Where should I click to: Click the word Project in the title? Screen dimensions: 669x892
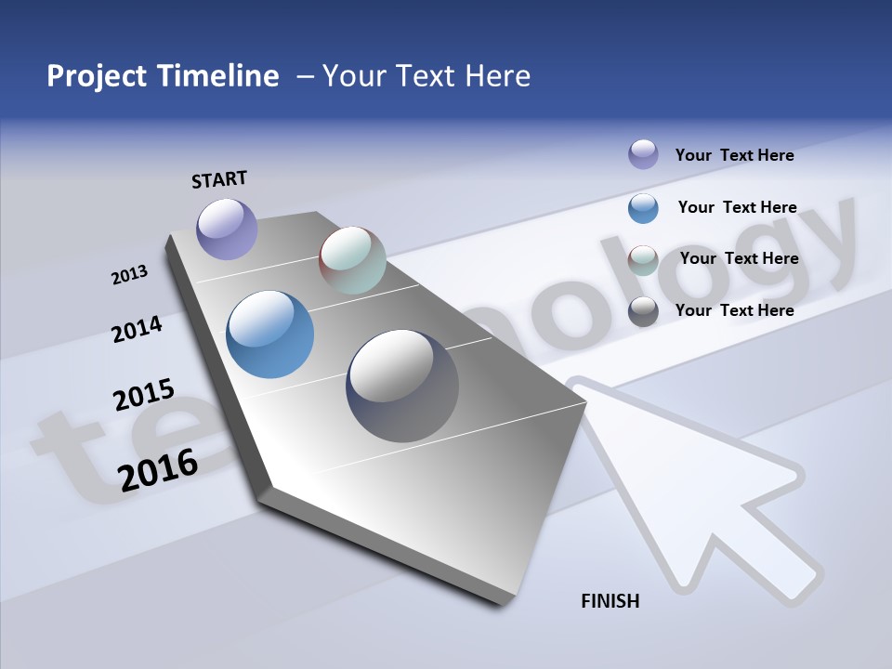(96, 76)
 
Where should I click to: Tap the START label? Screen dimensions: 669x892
(219, 179)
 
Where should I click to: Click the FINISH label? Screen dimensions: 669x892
(610, 601)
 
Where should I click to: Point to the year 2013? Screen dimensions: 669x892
(129, 275)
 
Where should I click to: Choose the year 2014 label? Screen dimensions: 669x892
(137, 330)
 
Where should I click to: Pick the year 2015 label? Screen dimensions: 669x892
(144, 395)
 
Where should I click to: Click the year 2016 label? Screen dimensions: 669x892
(158, 469)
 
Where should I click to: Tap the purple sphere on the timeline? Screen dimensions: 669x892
(227, 229)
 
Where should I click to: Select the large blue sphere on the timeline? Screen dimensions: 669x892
(269, 334)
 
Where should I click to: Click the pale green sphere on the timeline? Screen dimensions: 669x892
(352, 260)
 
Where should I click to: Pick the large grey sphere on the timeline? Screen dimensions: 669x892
(402, 386)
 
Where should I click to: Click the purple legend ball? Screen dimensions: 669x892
(643, 154)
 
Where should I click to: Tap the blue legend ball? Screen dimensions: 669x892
(643, 208)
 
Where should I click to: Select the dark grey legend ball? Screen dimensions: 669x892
(643, 311)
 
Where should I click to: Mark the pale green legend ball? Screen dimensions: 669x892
(643, 260)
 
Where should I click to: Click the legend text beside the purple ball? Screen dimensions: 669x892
(734, 155)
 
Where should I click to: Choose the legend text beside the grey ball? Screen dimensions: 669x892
(734, 310)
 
